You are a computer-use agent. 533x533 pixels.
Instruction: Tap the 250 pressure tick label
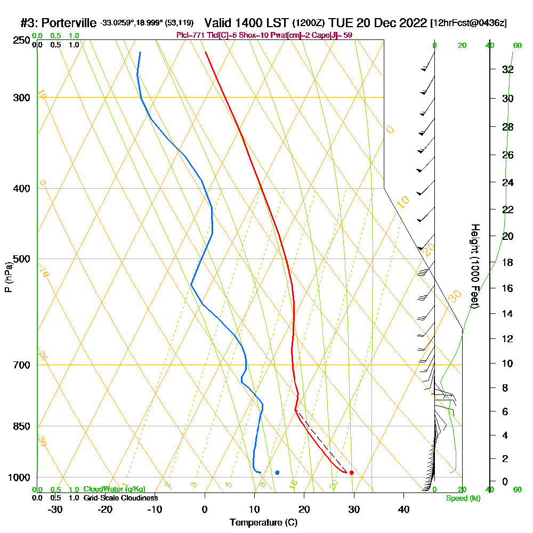[20, 40]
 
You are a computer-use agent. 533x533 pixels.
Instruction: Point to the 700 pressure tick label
[20, 365]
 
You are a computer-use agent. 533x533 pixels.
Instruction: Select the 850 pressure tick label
[20, 426]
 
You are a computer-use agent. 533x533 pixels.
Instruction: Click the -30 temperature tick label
[55, 510]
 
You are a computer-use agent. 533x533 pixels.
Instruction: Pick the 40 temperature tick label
[403, 510]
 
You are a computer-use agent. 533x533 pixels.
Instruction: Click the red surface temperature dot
[351, 473]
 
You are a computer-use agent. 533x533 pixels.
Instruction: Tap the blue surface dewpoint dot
[277, 473]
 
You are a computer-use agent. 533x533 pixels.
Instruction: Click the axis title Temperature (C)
[263, 523]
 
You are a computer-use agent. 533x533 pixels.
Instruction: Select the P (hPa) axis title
[8, 277]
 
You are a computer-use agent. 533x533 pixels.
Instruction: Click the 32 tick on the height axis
[507, 69]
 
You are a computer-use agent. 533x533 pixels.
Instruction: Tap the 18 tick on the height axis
[507, 262]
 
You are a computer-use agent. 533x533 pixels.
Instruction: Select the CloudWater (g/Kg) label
[114, 489]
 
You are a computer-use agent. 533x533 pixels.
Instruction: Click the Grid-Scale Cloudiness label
[120, 498]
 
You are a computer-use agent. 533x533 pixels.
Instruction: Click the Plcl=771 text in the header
[188, 35]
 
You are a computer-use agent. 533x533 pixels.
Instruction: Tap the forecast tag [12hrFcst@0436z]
[469, 23]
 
